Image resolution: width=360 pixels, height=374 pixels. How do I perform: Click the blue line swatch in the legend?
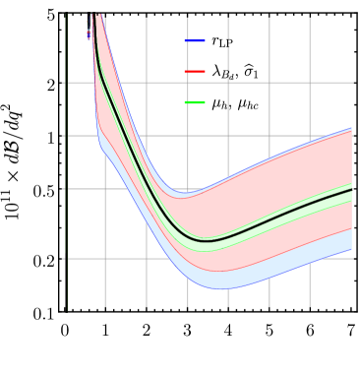point(195,41)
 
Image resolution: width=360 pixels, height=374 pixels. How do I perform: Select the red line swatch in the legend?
point(195,72)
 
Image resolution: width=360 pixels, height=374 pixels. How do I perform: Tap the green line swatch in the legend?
point(195,102)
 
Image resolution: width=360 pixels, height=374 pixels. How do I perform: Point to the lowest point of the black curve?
point(206,240)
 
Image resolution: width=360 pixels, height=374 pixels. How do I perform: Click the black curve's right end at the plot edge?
point(351,189)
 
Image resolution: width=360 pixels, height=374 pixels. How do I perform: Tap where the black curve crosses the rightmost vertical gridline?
point(310,204)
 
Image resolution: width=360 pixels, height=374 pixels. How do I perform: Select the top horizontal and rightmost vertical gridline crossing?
point(310,83)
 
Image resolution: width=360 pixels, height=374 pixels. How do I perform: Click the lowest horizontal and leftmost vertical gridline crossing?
point(106,259)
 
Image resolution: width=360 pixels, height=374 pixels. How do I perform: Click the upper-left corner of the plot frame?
point(67,13)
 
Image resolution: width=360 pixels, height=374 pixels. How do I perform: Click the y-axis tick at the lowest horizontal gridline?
point(65,259)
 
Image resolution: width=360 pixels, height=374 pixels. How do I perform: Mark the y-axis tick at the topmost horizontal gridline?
point(65,83)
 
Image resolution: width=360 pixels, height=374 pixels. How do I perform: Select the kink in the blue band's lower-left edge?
point(98,144)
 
